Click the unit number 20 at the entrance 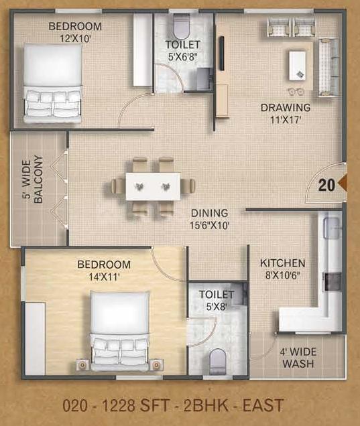tap(326, 186)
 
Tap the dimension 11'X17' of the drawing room tap(285, 120)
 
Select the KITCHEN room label tap(282, 263)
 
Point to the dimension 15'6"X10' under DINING tap(210, 225)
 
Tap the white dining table tap(153, 186)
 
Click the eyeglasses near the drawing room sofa tap(296, 91)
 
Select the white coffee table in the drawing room tap(298, 66)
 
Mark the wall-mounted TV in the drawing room tap(222, 54)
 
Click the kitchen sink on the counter tap(331, 228)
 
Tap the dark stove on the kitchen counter tap(332, 282)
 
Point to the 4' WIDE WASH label tap(298, 358)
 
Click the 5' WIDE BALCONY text tap(32, 180)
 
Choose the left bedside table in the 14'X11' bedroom tap(82, 365)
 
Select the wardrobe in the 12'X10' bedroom tap(143, 50)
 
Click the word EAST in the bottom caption tap(263, 405)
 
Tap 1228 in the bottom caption tap(118, 405)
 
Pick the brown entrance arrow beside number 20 tap(342, 184)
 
